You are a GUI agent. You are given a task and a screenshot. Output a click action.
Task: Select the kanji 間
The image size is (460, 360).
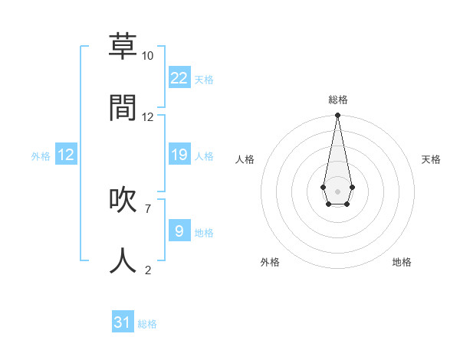[x=123, y=107]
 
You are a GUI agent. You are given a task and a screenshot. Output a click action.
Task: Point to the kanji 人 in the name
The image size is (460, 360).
[x=123, y=260]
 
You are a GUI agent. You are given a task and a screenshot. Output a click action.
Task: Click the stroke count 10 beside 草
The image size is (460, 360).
[x=147, y=56]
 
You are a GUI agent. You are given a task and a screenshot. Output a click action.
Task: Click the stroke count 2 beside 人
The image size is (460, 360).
[x=147, y=270]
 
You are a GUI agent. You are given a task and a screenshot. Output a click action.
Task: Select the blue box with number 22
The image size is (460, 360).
[x=179, y=78]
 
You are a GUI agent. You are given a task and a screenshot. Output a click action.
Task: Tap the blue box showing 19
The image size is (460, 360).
[x=179, y=155]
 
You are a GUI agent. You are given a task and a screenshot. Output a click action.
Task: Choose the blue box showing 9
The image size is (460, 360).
[x=179, y=231]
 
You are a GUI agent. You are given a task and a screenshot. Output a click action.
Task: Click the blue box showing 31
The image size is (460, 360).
[x=123, y=322]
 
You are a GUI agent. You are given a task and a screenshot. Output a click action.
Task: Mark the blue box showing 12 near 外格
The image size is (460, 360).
[x=66, y=155]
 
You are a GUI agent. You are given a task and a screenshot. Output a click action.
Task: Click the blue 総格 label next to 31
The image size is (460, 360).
[x=147, y=324]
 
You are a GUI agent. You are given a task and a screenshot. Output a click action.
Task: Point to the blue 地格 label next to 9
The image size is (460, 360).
[x=204, y=232]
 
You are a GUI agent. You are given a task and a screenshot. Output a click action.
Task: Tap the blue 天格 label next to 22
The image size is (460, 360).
[x=204, y=80]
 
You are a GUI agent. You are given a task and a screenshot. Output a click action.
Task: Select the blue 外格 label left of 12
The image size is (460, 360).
[x=41, y=156]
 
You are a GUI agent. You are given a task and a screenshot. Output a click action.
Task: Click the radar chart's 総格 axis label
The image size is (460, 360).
[x=337, y=100]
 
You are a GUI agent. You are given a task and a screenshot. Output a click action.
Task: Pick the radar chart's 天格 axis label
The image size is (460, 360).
[x=431, y=159]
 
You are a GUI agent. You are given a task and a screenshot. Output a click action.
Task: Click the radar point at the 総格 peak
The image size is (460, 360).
[x=337, y=116]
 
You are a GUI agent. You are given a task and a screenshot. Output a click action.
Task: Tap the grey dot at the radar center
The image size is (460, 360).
[x=337, y=191]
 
